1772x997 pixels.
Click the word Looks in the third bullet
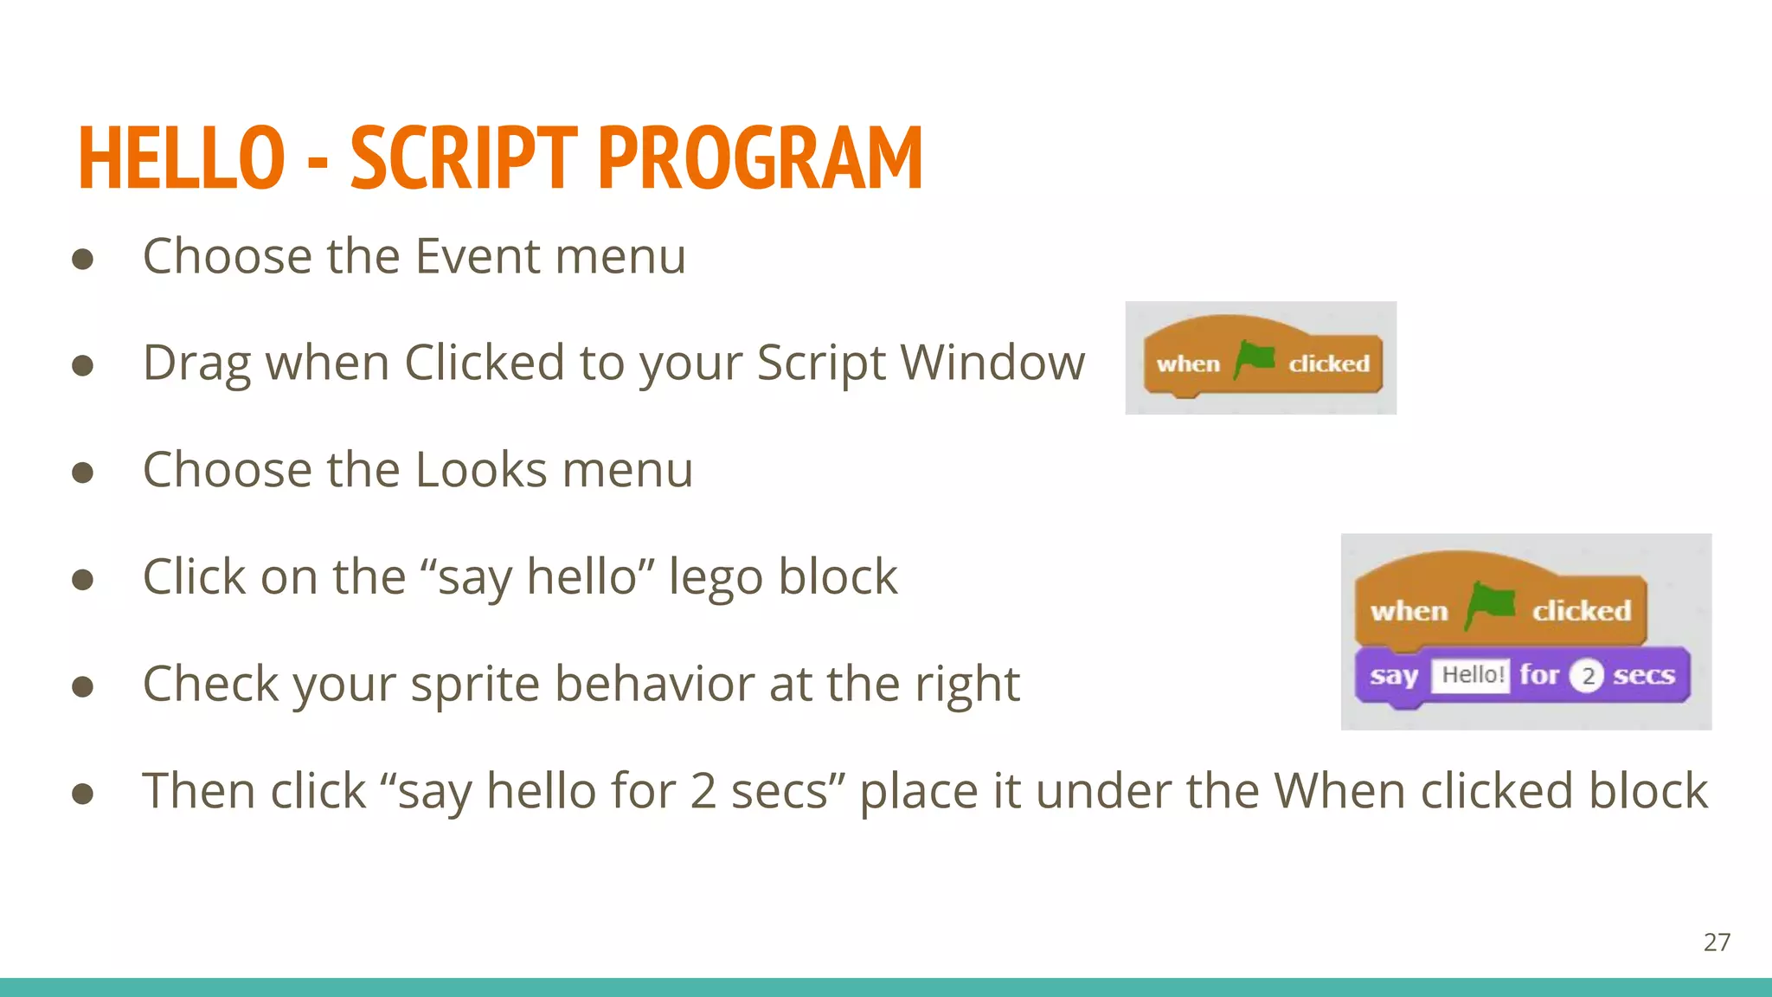[x=481, y=470]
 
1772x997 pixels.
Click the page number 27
[x=1717, y=942]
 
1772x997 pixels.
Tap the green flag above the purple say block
[x=1490, y=605]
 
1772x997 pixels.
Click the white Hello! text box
[x=1471, y=675]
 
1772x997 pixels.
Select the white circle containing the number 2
[x=1587, y=676]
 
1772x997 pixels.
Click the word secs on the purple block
[x=1643, y=675]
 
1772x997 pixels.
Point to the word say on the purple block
[x=1393, y=675]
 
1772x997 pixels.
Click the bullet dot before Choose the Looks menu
[x=83, y=473]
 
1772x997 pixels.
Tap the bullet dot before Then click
[x=83, y=794]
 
